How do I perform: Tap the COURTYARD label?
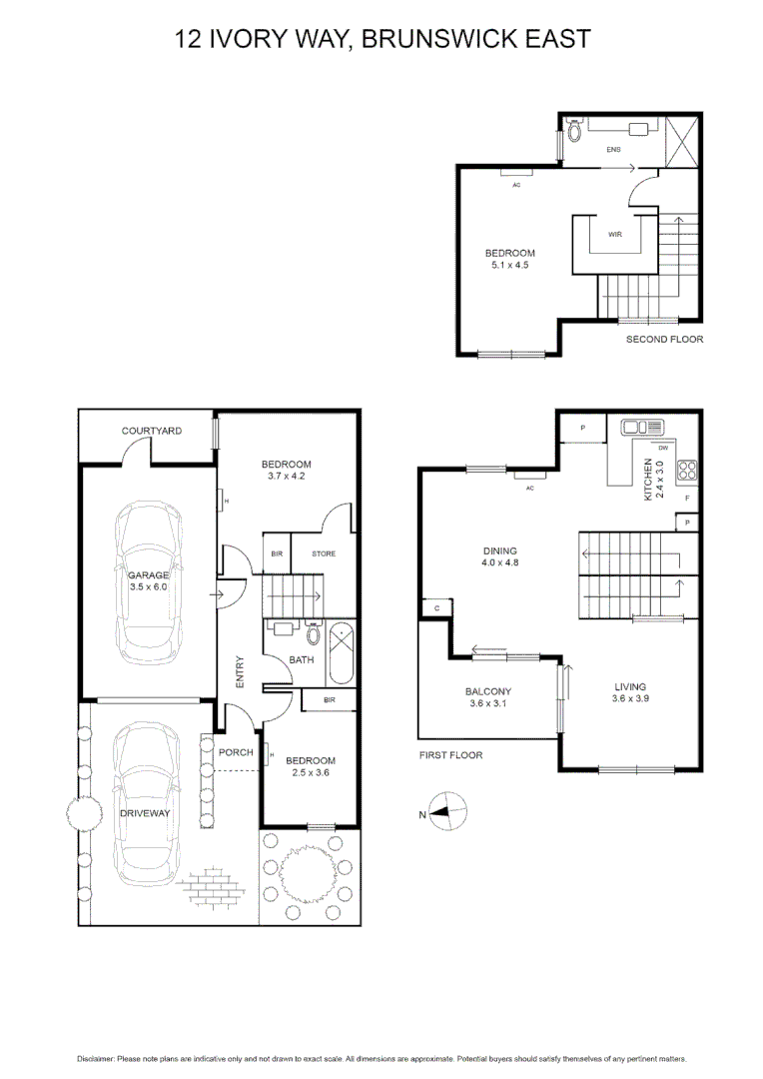[x=151, y=431]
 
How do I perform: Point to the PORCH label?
[x=236, y=752]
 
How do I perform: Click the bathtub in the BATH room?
[x=340, y=652]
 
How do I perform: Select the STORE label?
[x=324, y=553]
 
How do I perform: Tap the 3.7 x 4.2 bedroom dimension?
[x=286, y=477]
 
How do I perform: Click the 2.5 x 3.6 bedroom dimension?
[x=310, y=773]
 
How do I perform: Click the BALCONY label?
[x=488, y=691]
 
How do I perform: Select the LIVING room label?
[x=630, y=686]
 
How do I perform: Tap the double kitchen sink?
[x=637, y=428]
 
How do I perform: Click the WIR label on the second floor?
[x=615, y=235]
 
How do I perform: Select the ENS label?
[x=613, y=150]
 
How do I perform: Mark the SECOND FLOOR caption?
[x=664, y=340]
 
